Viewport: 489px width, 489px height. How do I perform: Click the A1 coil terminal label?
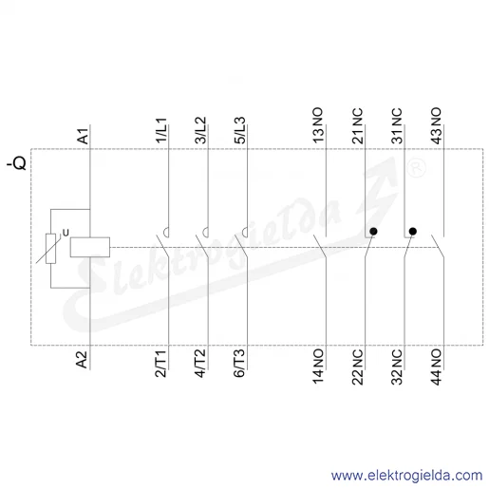[x=84, y=136]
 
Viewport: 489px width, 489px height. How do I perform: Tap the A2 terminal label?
[x=83, y=360]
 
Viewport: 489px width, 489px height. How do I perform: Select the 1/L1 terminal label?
[x=161, y=130]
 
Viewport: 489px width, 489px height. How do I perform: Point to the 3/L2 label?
[x=200, y=130]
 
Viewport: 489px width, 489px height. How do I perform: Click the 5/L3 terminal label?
[x=240, y=130]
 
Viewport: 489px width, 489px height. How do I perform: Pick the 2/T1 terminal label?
[x=160, y=364]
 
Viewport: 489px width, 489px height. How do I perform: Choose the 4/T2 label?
[x=200, y=364]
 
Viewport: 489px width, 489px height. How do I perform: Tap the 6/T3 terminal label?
[x=239, y=364]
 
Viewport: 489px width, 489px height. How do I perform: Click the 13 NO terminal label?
[x=318, y=125]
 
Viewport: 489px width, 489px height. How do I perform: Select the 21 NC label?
[x=358, y=126]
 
